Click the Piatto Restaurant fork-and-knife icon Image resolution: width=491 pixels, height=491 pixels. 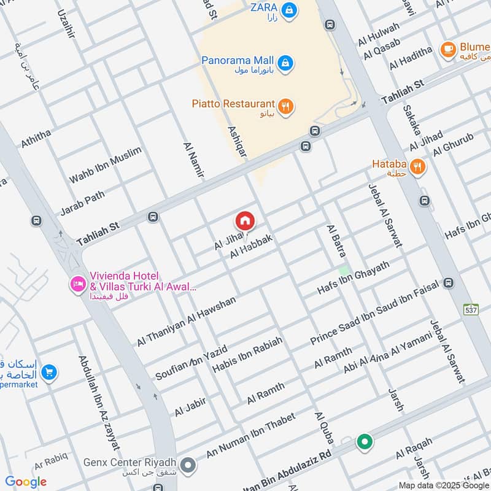285,106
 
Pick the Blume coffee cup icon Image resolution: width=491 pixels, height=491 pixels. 448,49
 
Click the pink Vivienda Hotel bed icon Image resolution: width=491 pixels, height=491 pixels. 78,284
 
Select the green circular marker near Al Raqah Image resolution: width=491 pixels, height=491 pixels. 365,441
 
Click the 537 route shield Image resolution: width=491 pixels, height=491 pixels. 471,309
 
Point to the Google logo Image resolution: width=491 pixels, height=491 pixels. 26,482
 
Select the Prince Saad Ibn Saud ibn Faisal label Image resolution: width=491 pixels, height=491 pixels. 374,312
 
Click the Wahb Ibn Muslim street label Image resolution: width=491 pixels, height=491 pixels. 105,164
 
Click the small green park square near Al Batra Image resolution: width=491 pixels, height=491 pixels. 345,270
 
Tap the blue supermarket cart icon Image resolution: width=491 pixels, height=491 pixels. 49,371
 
